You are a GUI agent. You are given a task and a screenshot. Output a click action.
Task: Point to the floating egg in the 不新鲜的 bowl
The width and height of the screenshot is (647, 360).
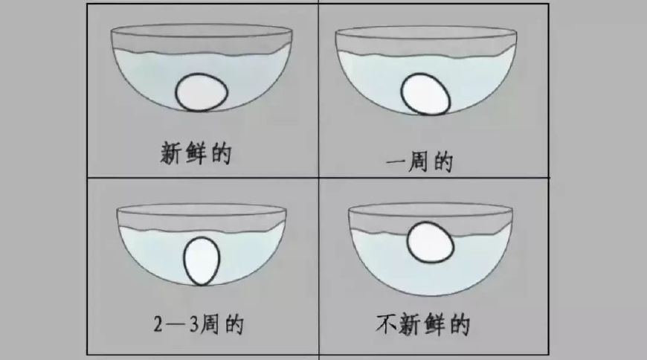pyautogui.click(x=430, y=242)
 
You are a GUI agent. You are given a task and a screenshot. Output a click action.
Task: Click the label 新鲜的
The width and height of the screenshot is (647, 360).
pyautogui.click(x=197, y=153)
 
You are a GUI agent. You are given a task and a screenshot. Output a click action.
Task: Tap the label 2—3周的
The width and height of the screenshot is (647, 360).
pyautogui.click(x=196, y=324)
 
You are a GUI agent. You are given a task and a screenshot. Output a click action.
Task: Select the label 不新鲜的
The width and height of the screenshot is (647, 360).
pyautogui.click(x=423, y=325)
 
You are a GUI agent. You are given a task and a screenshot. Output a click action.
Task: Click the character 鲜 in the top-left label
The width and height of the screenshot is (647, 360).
pyautogui.click(x=197, y=153)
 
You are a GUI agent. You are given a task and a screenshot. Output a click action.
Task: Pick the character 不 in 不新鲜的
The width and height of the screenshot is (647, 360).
pyautogui.click(x=387, y=325)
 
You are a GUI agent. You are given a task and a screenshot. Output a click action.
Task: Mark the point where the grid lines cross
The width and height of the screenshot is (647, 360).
pyautogui.click(x=318, y=178)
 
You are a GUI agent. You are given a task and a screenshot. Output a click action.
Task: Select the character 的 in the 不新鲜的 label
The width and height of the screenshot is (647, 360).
pyautogui.click(x=460, y=325)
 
